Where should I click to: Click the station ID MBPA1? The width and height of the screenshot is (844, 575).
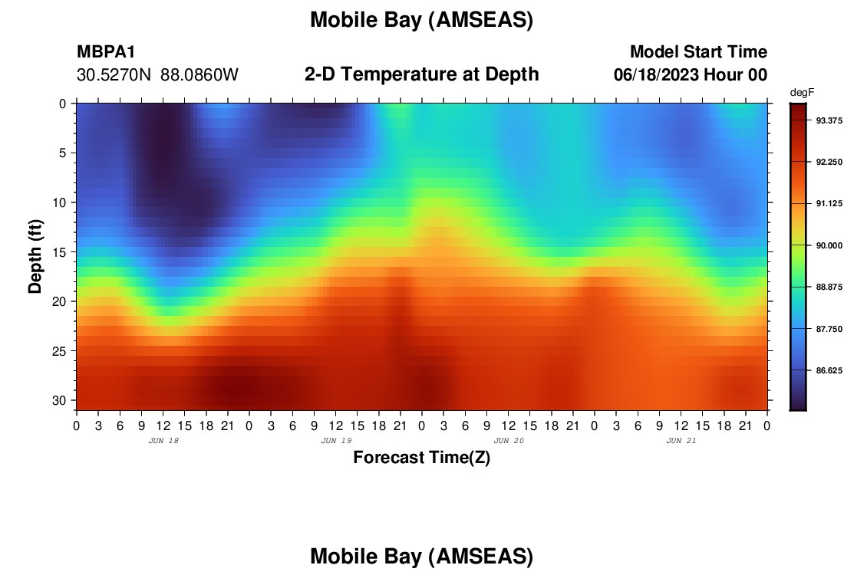tap(106, 51)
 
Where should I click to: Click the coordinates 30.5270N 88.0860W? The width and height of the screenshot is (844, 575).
tap(157, 74)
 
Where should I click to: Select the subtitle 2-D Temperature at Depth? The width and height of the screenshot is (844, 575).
tap(421, 74)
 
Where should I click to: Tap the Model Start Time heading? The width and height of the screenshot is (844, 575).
tap(698, 51)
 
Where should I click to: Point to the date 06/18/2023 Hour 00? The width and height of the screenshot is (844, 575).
tap(690, 74)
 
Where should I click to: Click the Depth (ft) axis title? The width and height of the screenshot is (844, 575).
tap(35, 256)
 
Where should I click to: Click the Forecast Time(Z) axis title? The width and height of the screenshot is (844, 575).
tap(421, 457)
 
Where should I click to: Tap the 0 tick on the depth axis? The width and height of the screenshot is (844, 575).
tap(62, 103)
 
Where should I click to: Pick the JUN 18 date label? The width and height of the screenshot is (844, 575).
tap(163, 441)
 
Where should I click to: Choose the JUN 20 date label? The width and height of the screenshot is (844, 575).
tap(509, 441)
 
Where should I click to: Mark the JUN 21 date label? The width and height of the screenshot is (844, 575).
tap(681, 441)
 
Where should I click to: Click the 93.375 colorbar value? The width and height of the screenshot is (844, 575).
tap(829, 120)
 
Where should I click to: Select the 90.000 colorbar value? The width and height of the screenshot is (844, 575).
tap(829, 245)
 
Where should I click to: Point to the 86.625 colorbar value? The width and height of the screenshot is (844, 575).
tap(829, 370)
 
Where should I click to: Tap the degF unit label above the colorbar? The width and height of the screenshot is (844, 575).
tap(802, 93)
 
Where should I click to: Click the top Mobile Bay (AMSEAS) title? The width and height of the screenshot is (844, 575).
tap(421, 20)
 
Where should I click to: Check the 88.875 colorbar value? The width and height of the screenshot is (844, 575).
tap(829, 287)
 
